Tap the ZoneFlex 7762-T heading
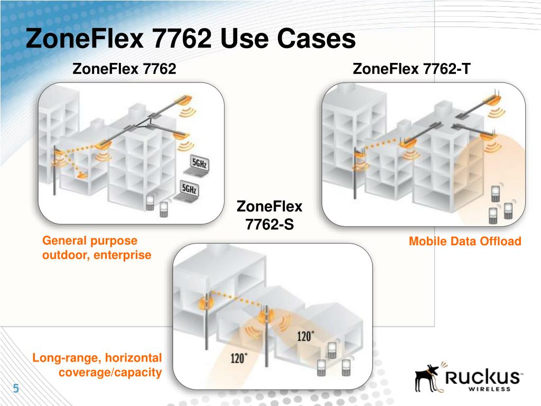coord(411,69)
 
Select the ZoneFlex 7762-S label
coord(269,215)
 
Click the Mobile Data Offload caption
coord(465,242)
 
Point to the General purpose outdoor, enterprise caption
coord(97,248)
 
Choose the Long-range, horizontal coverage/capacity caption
coord(97,365)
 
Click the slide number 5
coord(16,389)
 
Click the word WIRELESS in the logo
coord(489,389)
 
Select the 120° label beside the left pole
coord(238,358)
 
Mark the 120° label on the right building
coord(305,336)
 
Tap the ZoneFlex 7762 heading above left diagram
coord(124,69)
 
